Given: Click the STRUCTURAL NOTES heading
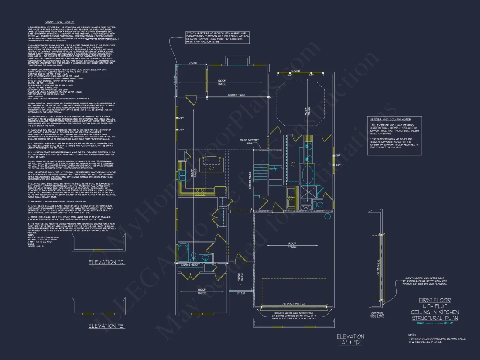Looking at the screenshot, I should tap(59, 22).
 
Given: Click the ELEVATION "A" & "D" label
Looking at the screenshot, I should tap(350, 339).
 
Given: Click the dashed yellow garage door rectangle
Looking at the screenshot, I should tap(293, 291).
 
